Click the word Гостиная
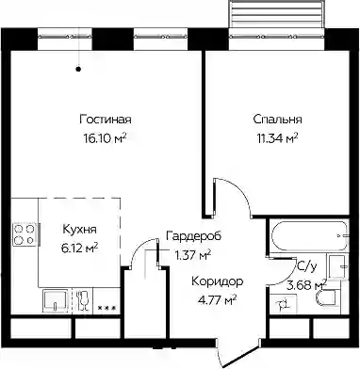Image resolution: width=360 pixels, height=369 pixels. coord(106,120)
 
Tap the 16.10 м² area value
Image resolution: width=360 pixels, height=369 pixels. coord(105,137)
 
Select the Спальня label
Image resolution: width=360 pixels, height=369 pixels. coord(277,120)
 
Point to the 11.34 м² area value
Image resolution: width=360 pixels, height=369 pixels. coord(277,137)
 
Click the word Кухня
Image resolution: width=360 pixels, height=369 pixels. coord(79,230)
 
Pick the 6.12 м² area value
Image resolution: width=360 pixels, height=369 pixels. coord(79,249)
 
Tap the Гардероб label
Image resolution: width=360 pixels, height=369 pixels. coord(193,235)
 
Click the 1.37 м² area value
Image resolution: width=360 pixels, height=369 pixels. coord(193,255)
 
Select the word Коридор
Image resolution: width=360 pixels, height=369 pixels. coord(218,281)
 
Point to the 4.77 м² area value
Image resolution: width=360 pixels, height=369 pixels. coord(217,300)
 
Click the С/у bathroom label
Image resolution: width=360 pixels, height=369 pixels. coord(306,267)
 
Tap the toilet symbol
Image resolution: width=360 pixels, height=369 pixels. coord(326,297)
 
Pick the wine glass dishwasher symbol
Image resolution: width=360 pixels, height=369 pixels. coord(82,300)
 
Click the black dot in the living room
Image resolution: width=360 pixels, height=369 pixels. coord(79,69)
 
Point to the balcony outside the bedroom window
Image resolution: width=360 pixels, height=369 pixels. coord(276,15)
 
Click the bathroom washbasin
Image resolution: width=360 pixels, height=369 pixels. coord(338,266)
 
